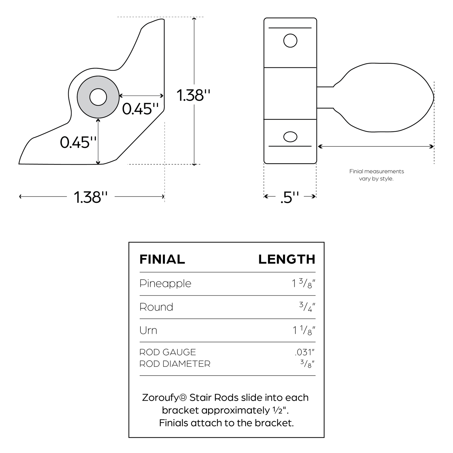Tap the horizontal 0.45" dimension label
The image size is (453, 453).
click(x=140, y=109)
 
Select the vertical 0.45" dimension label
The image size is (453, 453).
click(x=78, y=142)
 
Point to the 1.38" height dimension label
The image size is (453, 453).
click(x=193, y=95)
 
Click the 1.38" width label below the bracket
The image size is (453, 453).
click(x=91, y=197)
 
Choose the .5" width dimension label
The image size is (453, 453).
click(x=290, y=197)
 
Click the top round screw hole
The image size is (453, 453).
click(x=290, y=41)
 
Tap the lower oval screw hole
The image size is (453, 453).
click(x=290, y=137)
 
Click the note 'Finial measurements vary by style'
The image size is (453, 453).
click(x=377, y=175)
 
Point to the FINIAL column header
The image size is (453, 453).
click(x=162, y=259)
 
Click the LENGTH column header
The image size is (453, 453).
click(x=287, y=259)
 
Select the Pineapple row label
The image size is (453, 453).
click(x=165, y=283)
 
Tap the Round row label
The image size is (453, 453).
click(x=156, y=307)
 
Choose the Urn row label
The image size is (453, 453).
click(x=148, y=330)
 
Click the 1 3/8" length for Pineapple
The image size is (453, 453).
click(x=303, y=283)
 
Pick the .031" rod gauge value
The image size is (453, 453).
click(x=304, y=352)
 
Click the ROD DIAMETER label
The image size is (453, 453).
click(x=175, y=364)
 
